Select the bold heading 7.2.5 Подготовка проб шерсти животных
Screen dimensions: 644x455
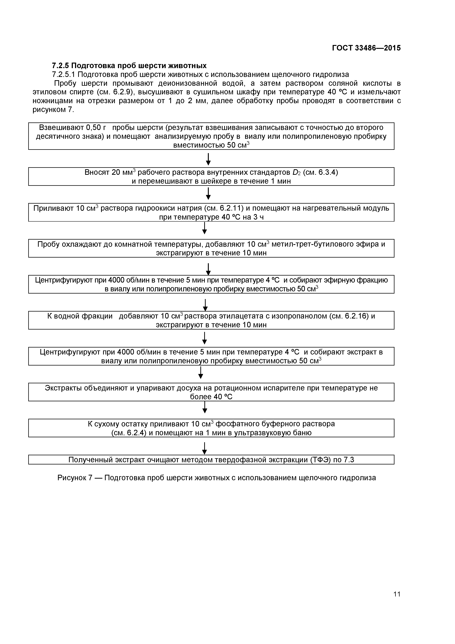click(x=129, y=66)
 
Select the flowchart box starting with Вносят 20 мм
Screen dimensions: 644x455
click(x=211, y=176)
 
